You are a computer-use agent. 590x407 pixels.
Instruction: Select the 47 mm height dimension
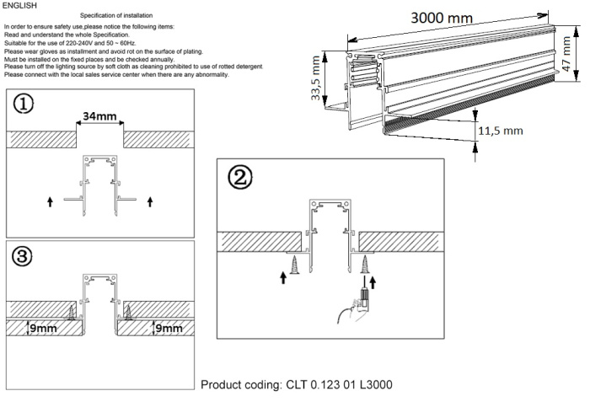567,56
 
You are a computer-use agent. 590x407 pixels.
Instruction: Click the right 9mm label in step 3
174,328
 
